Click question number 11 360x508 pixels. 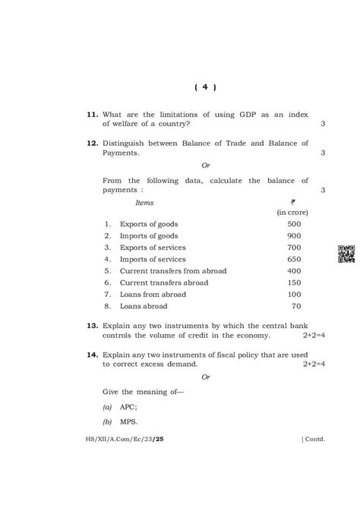click(91, 114)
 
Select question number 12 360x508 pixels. click(91, 143)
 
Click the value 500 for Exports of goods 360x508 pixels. click(294, 224)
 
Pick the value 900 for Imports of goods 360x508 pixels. click(294, 236)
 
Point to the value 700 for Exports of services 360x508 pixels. click(294, 248)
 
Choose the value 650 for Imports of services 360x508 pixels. click(294, 259)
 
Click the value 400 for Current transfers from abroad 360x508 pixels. click(294, 271)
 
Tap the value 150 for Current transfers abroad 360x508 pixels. click(294, 282)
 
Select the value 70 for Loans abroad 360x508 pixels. click(296, 306)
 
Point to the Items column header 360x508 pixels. click(144, 203)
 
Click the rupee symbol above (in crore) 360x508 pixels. click(292, 202)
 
